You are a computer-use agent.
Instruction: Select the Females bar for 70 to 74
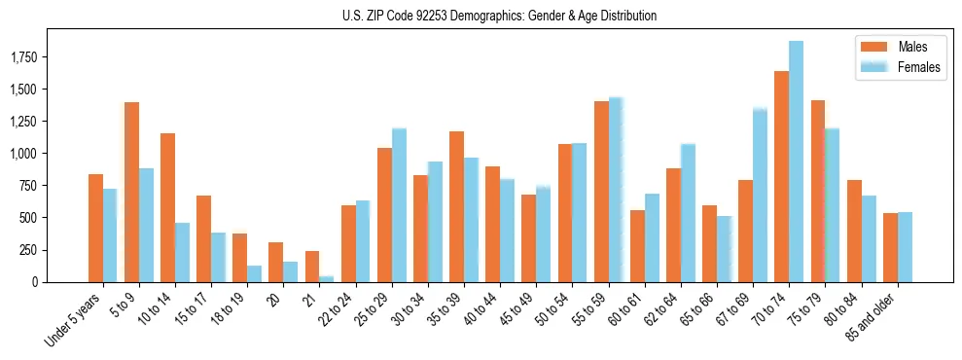coord(796,162)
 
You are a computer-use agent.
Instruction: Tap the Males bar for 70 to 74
coord(781,176)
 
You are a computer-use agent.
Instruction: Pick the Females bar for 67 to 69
coord(760,195)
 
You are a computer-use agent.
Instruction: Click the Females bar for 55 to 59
coord(616,190)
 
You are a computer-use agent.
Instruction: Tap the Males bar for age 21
coord(311,267)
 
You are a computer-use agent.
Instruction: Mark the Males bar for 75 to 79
coord(817,191)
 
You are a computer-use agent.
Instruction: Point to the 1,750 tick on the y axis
coord(52,57)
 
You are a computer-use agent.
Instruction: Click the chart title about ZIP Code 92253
coord(499,16)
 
